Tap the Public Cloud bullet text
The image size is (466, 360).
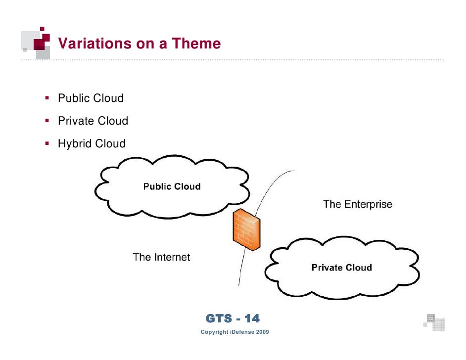click(91, 98)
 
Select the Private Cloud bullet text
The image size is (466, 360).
click(93, 121)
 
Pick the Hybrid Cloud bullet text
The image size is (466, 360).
click(92, 144)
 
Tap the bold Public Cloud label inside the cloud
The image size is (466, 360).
click(172, 187)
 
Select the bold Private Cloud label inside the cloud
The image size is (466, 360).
click(341, 268)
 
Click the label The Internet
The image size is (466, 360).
click(161, 257)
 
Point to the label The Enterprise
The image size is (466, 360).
click(357, 204)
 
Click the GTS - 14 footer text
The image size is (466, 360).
click(233, 318)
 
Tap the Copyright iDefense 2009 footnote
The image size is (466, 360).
click(234, 332)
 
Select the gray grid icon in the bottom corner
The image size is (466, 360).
click(434, 321)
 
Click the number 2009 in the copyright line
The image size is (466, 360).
click(262, 332)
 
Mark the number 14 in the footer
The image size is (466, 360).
click(251, 318)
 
